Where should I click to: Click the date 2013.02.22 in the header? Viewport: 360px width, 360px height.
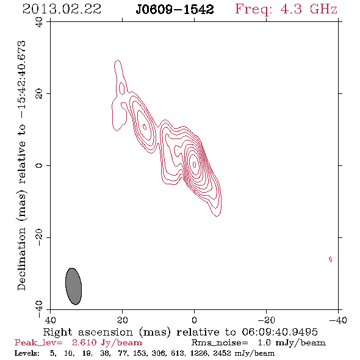(62, 9)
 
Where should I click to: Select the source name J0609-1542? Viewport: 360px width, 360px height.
(175, 9)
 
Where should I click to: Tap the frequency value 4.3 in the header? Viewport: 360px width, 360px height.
(291, 9)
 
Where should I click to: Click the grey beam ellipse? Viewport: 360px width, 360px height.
(73, 286)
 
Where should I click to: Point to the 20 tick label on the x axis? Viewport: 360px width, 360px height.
(122, 320)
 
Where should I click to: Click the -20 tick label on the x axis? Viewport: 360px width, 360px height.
(266, 320)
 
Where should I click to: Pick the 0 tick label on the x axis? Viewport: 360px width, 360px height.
(194, 320)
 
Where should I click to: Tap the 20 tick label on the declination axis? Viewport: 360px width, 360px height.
(39, 94)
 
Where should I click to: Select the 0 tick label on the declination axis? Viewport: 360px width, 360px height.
(39, 165)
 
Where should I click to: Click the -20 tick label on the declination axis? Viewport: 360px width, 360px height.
(39, 237)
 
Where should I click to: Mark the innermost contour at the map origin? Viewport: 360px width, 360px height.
(195, 164)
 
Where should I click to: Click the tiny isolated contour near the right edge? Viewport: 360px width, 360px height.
(330, 259)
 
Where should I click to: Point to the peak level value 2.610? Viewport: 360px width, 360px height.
(84, 342)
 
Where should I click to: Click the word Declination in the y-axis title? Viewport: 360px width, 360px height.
(21, 259)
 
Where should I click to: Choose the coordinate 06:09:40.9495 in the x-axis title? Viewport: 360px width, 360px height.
(280, 332)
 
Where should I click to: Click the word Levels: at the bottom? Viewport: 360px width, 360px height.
(27, 353)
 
